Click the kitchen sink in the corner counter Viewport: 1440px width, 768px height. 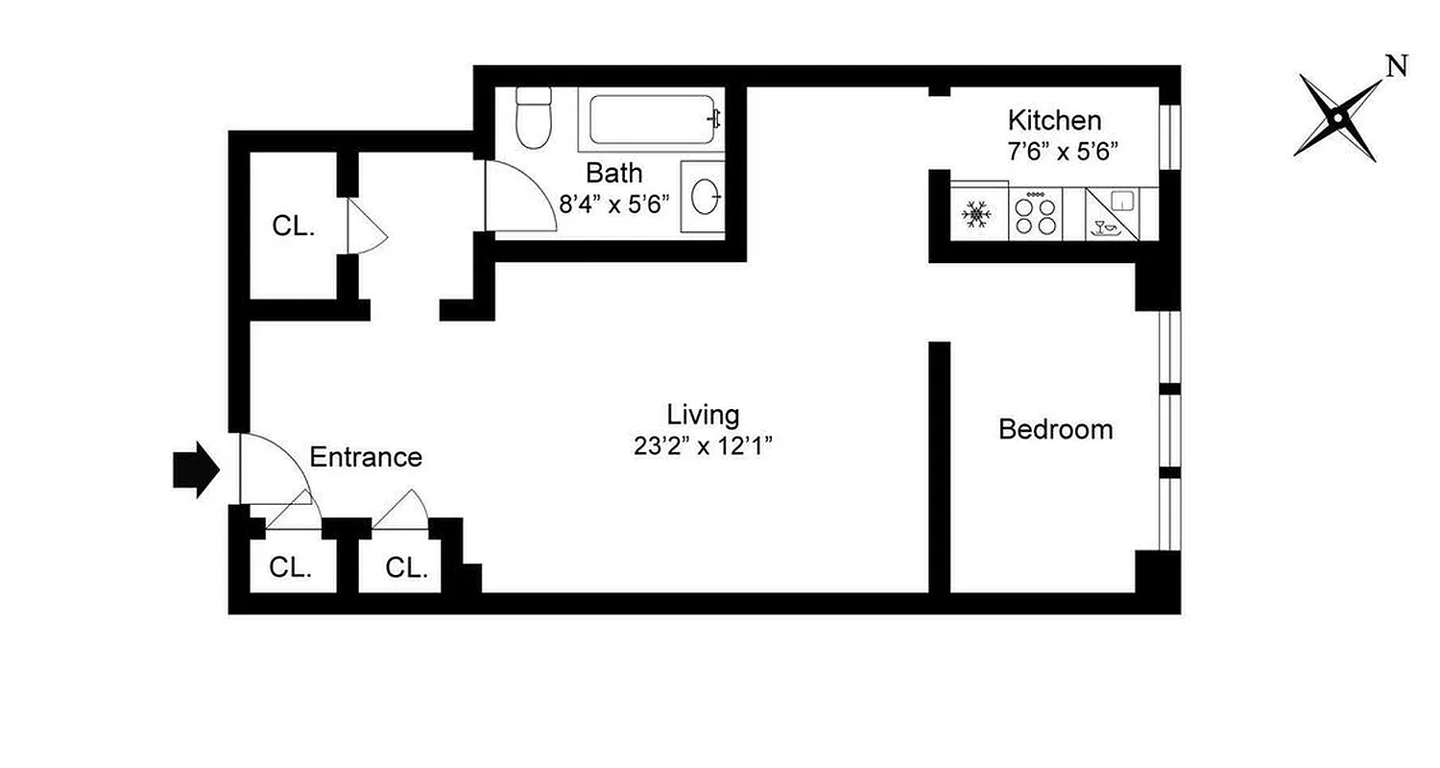1121,202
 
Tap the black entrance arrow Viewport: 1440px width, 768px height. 196,469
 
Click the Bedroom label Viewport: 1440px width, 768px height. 1056,429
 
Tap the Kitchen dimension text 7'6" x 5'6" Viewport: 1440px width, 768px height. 1064,151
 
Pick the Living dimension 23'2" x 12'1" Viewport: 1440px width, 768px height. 703,446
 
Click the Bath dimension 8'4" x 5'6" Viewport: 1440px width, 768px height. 614,204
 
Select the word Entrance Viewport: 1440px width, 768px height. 366,458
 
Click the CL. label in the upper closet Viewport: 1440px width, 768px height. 293,227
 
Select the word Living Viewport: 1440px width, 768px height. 703,415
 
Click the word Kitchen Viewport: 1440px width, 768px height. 1054,121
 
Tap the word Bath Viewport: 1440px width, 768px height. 614,174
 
